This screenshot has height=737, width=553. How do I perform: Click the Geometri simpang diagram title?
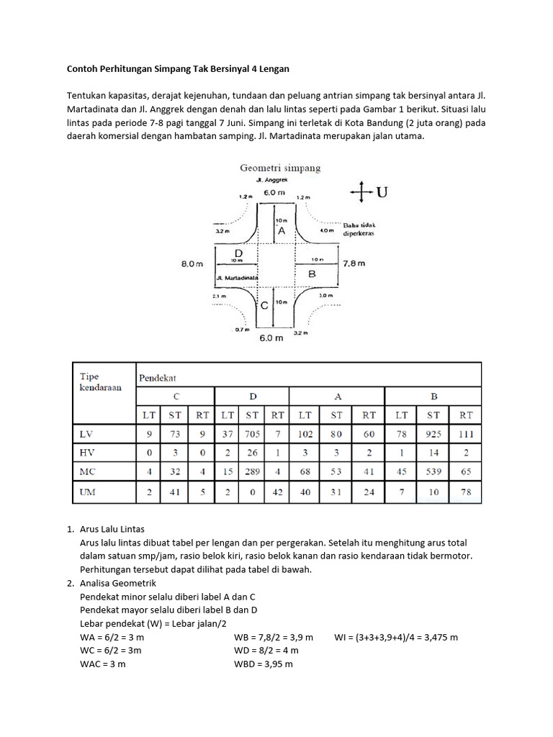(x=280, y=168)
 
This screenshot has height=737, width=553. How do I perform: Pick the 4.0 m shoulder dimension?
(x=328, y=231)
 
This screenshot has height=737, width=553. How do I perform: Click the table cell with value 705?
(x=252, y=434)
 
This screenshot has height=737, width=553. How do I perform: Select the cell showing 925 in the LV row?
(x=433, y=434)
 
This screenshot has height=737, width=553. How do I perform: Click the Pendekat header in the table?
(x=158, y=376)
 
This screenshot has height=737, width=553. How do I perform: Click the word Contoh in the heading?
(x=84, y=68)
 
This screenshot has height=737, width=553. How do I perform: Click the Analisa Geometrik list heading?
(x=123, y=583)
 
